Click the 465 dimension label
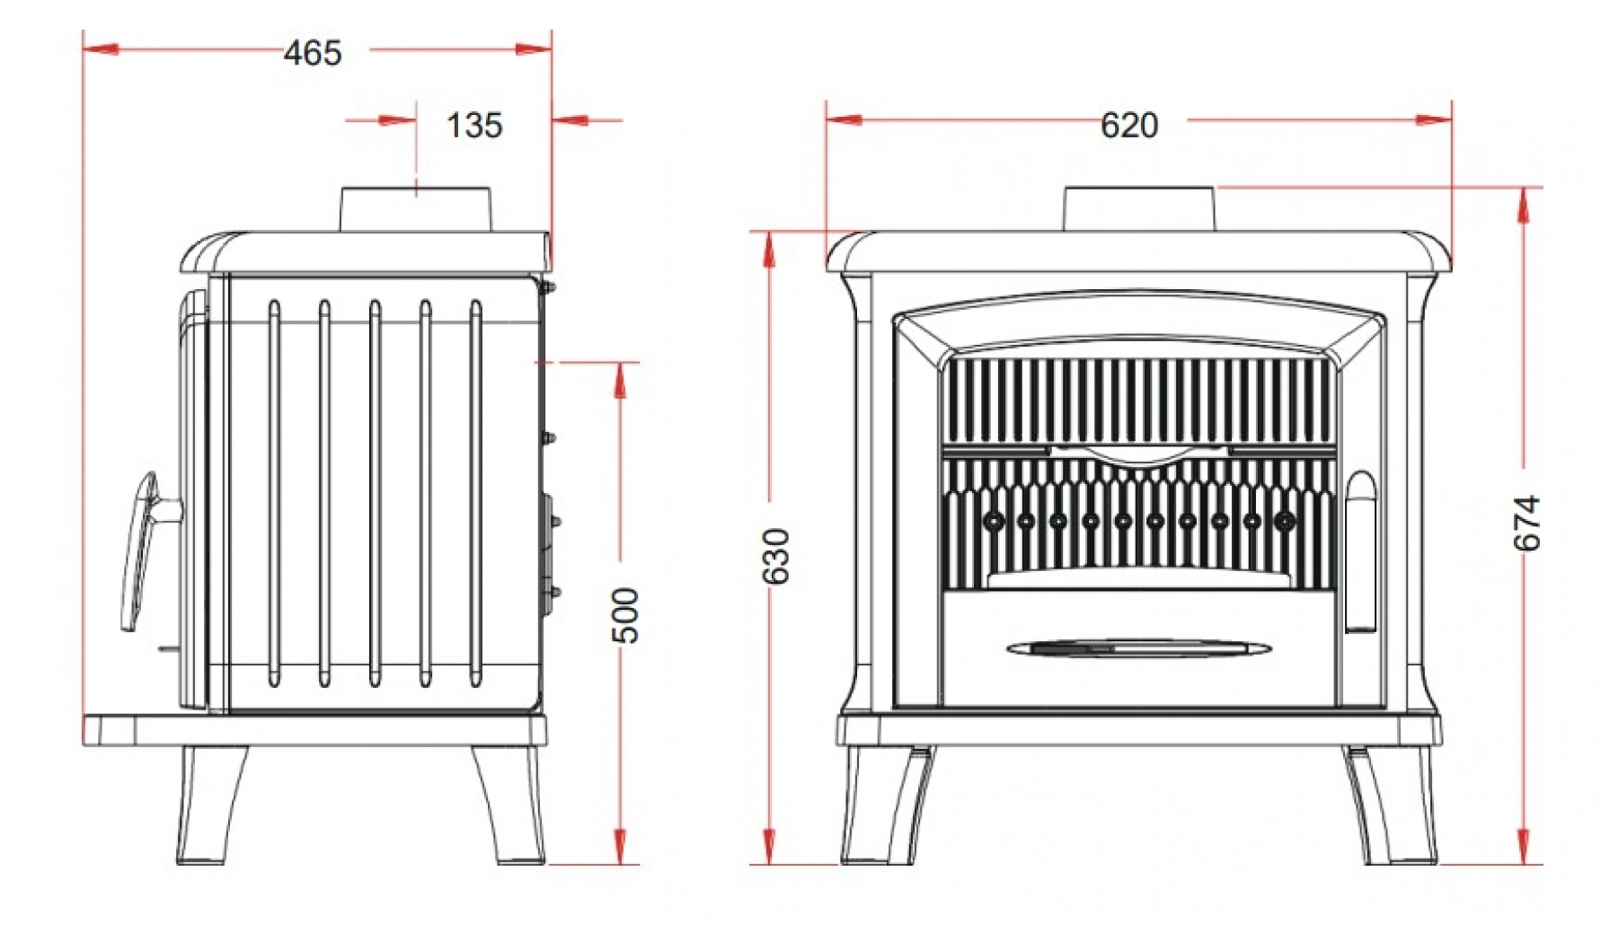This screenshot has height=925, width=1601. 313,53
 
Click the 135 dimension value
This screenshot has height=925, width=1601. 474,126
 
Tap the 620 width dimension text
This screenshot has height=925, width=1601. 1128,126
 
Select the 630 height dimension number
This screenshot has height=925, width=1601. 777,556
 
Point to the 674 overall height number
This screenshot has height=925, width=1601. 1526,523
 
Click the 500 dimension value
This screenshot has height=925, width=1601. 626,615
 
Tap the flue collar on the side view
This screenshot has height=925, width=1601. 415,209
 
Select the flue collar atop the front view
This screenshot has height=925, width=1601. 1139,209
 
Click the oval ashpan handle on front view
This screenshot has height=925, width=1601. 1138,647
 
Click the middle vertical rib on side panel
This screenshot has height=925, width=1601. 375,493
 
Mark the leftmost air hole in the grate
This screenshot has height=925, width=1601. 994,520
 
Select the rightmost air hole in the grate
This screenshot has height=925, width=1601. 1285,520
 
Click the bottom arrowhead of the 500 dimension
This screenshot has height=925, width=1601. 620,848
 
